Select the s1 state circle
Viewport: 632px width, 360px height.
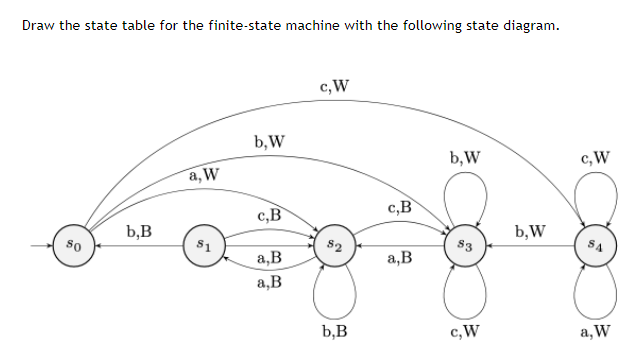(x=203, y=243)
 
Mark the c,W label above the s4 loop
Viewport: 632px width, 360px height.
(x=596, y=157)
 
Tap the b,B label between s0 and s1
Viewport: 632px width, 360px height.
(x=139, y=232)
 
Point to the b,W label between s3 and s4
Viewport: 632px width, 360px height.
(x=530, y=232)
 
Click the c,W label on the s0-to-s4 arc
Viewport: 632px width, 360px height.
(x=334, y=86)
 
